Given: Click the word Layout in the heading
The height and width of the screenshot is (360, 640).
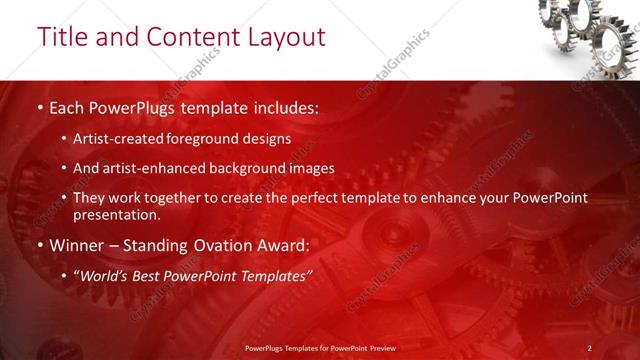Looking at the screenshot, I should [284, 37].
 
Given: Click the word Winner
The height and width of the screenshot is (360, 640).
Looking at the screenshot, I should [77, 244].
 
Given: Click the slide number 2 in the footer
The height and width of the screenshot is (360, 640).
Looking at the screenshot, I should [590, 347].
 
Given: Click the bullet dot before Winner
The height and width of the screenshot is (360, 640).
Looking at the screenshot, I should [40, 245].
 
